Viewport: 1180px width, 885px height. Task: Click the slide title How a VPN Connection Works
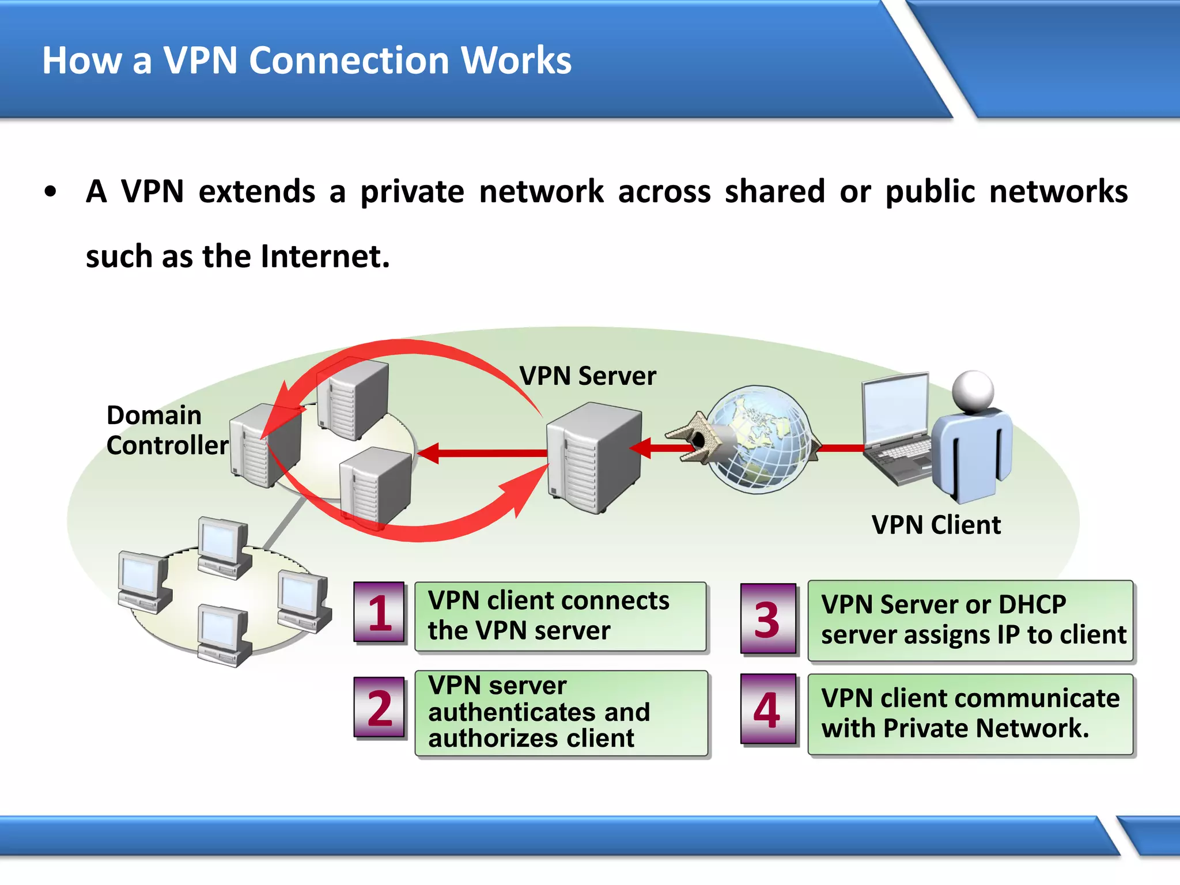click(x=307, y=60)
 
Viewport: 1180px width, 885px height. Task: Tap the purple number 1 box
click(x=380, y=613)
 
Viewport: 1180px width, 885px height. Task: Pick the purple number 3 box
click(x=768, y=619)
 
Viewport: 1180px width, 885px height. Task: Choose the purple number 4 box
click(x=768, y=710)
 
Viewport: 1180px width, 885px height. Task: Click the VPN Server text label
click(x=587, y=376)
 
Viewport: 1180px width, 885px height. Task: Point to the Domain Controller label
click(x=167, y=430)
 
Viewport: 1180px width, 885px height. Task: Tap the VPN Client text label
click(x=936, y=525)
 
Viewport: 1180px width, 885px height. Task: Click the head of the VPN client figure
click(x=973, y=391)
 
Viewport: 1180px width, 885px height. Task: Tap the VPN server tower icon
click(x=593, y=458)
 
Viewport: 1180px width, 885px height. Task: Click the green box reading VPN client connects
click(x=560, y=617)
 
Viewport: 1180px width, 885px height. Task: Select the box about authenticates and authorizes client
click(x=560, y=713)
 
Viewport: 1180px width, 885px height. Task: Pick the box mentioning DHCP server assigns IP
click(x=970, y=621)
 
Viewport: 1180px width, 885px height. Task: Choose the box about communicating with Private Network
click(x=970, y=714)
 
